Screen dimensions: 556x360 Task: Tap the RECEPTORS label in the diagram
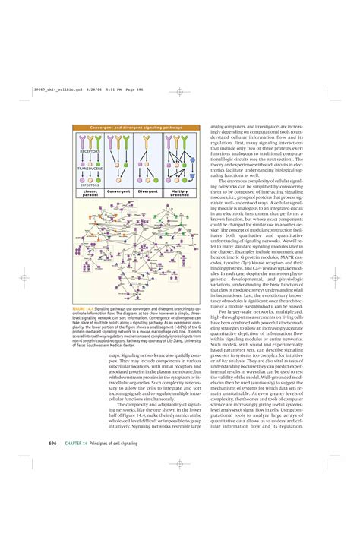pos(90,151)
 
